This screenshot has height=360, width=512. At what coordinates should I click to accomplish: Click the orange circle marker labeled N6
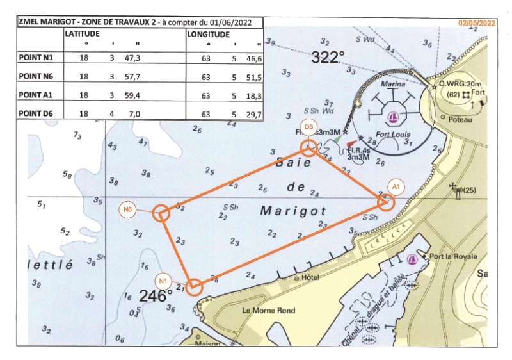pyautogui.click(x=161, y=213)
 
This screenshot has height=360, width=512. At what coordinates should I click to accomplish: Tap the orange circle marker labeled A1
pyautogui.click(x=386, y=202)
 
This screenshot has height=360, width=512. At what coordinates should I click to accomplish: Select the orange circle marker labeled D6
pyautogui.click(x=309, y=149)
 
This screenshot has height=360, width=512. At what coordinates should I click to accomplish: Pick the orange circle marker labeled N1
pyautogui.click(x=195, y=286)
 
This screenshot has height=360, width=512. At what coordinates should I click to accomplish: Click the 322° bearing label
pyautogui.click(x=328, y=58)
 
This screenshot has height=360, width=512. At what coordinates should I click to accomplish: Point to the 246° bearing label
pyautogui.click(x=156, y=296)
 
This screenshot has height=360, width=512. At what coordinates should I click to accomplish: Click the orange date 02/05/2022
pyautogui.click(x=477, y=22)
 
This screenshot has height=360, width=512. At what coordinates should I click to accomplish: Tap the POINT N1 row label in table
pyautogui.click(x=37, y=58)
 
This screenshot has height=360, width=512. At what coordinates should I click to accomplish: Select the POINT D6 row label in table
pyautogui.click(x=37, y=114)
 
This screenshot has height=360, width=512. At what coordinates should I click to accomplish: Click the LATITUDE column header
pyautogui.click(x=82, y=33)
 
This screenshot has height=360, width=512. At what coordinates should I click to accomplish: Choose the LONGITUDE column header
pyautogui.click(x=209, y=33)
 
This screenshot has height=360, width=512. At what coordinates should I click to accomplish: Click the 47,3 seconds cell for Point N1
pyautogui.click(x=133, y=58)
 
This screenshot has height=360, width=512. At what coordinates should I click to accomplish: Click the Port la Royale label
pyautogui.click(x=454, y=256)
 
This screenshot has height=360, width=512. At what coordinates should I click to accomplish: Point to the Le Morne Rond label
pyautogui.click(x=269, y=311)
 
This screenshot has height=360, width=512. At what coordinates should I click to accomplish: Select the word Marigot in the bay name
pyautogui.click(x=294, y=210)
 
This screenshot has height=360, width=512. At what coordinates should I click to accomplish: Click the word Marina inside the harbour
pyautogui.click(x=393, y=84)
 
